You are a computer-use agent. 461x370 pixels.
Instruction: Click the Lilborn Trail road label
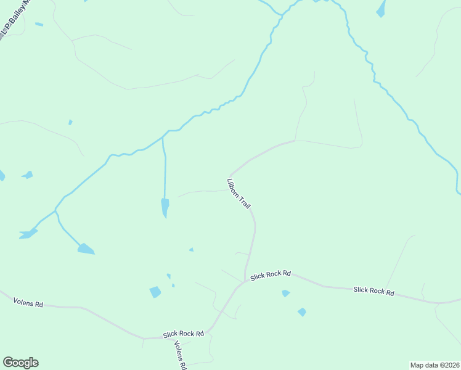[x=239, y=194]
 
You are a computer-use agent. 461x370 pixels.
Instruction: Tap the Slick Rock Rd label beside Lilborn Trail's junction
[x=270, y=275]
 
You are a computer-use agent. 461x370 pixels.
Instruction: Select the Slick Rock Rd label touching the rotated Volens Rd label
[x=183, y=334]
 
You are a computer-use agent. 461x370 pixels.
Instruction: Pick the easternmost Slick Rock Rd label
[x=373, y=290]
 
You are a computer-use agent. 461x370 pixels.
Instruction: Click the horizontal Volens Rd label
[x=28, y=303]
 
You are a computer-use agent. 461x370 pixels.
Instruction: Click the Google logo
[x=20, y=363]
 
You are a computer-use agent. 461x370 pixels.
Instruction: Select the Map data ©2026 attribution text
[x=434, y=364]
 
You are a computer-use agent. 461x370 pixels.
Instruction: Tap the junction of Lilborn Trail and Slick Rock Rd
[x=245, y=281]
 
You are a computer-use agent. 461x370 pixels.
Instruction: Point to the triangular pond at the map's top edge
[x=381, y=9]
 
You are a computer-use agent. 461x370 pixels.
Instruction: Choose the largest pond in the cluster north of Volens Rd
[x=155, y=292]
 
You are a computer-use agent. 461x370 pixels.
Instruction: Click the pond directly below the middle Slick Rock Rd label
[x=285, y=294]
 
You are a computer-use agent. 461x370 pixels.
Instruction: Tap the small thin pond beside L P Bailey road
[x=39, y=25]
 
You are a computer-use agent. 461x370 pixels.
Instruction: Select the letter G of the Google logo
[x=8, y=363]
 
